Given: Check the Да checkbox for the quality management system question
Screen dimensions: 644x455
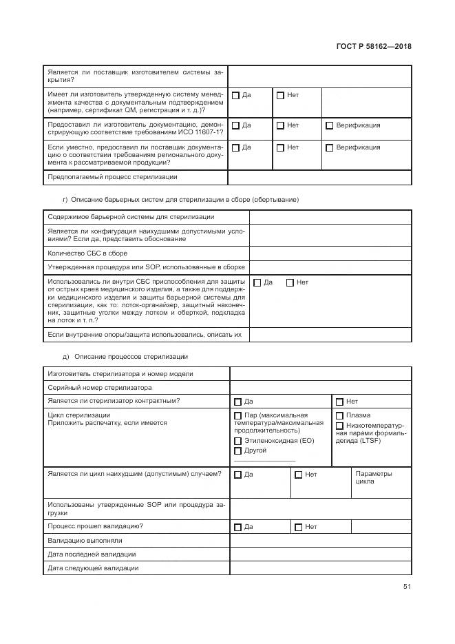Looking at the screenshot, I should [235, 95].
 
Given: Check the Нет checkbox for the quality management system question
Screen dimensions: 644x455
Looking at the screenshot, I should [280, 95].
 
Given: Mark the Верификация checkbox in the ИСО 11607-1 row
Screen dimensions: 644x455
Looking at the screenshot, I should [329, 126].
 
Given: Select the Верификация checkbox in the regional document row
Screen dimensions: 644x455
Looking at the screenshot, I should [329, 147].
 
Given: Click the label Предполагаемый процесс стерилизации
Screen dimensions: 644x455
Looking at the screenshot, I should [112, 177].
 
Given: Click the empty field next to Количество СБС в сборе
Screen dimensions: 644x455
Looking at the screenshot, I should [330, 253].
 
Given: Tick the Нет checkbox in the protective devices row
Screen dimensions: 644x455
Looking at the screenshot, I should [290, 282].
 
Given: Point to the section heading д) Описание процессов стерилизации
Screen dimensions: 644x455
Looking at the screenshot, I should [125, 356].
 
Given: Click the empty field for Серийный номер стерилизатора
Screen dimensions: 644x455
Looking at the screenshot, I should [320, 388].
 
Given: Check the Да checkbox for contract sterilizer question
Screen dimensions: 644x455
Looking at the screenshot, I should [237, 402].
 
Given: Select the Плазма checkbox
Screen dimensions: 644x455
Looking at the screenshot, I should [339, 416].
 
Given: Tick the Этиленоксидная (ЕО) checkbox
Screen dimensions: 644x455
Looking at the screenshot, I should [237, 441].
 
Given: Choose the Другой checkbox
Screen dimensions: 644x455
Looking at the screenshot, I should [237, 450].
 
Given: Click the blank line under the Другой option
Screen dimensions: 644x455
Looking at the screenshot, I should [264, 460].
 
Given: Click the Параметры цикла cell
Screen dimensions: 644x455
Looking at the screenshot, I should [374, 478].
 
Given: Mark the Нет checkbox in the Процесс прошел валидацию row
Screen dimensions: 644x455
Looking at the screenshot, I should [298, 527].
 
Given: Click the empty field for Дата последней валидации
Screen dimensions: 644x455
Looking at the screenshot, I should [320, 554].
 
